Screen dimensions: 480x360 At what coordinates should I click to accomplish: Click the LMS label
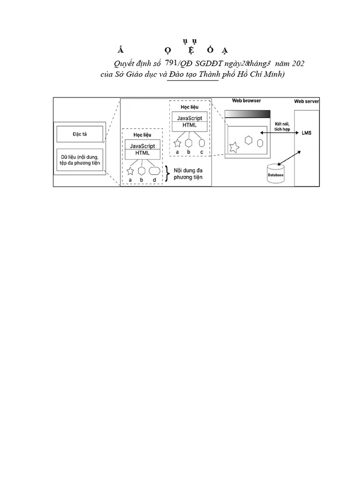click(307, 133)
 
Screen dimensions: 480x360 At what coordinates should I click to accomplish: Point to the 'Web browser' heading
click(247, 101)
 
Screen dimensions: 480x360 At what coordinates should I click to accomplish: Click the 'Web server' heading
click(307, 101)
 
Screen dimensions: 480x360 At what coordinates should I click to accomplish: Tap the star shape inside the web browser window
click(234, 147)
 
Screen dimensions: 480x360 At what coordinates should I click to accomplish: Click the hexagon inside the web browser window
click(249, 140)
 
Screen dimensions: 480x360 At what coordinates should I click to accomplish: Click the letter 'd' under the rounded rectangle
click(154, 180)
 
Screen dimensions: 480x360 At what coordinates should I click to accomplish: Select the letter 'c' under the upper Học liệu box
click(202, 152)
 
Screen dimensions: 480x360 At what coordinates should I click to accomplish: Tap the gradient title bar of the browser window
click(247, 114)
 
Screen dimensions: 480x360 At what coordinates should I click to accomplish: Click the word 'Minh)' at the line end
click(274, 75)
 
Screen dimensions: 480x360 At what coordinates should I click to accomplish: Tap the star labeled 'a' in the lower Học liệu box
click(130, 171)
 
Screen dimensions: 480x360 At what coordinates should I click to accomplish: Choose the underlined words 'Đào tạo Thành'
click(193, 75)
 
